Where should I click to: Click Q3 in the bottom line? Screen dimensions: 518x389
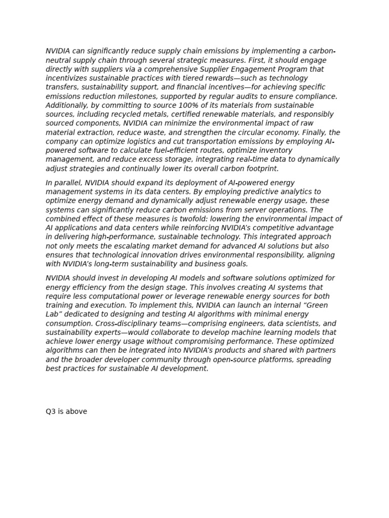click(51, 412)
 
